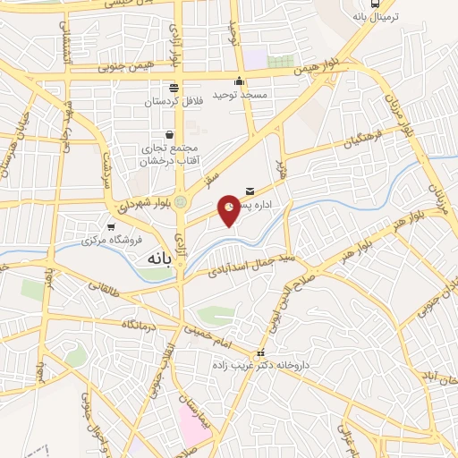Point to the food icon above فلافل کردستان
pos(174,88)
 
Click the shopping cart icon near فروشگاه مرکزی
pos(111,227)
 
